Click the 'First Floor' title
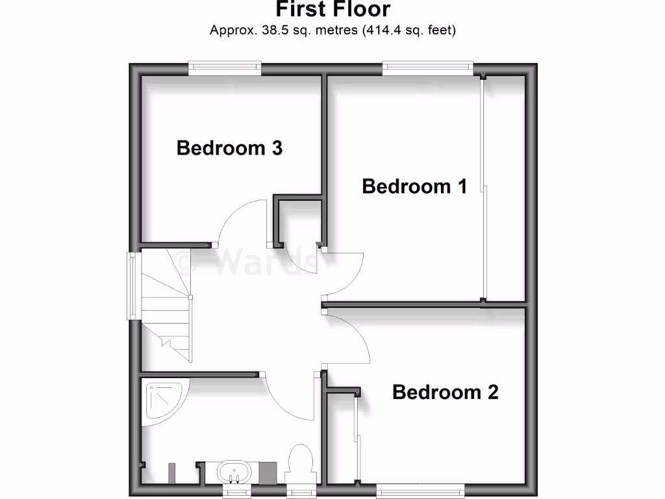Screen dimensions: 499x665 point(332,10)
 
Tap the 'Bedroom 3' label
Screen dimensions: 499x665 point(229,148)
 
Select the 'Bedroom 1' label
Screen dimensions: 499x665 point(414,187)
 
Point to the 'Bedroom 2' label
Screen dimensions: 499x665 point(445,392)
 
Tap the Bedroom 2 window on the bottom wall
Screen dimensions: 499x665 point(421,487)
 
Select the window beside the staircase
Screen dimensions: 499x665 point(132,286)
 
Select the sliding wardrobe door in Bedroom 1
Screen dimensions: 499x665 point(484,188)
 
